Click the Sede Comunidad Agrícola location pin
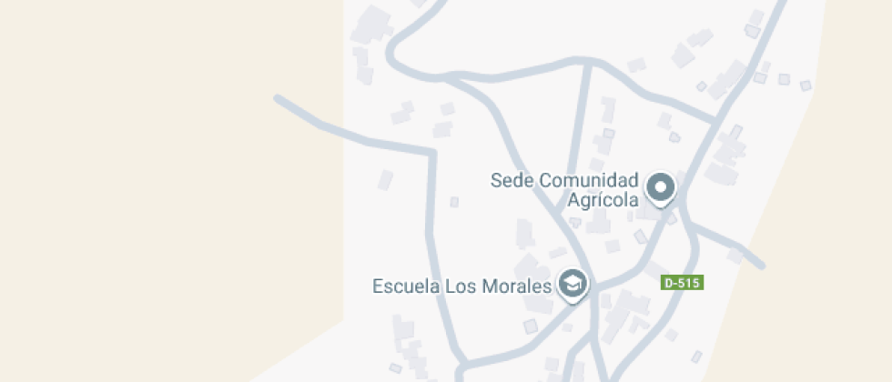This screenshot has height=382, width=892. [x=661, y=188]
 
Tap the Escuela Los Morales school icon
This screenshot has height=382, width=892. [x=573, y=284]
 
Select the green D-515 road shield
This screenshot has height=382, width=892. [x=682, y=283]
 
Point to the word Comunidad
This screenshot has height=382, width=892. [x=589, y=180]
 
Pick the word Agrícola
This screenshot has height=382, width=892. [x=603, y=201]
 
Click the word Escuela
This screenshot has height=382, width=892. [x=405, y=286]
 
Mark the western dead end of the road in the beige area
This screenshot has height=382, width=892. [x=277, y=97]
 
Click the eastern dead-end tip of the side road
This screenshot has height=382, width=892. [x=761, y=266]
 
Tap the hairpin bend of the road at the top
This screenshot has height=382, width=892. [x=392, y=55]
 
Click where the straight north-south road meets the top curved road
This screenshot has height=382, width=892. [x=589, y=63]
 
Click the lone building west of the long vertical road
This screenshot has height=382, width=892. [x=386, y=179]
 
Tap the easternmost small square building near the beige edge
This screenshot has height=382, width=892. [x=805, y=85]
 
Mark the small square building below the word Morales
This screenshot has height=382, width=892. [x=532, y=326]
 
